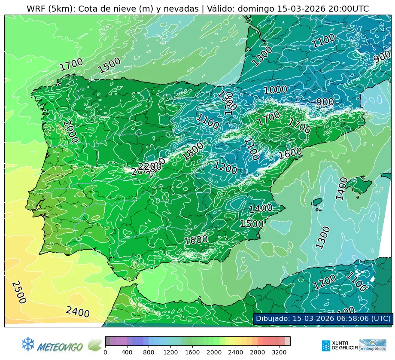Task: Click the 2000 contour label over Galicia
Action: (70, 131)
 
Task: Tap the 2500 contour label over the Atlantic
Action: (18, 292)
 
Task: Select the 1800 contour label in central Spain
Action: (193, 151)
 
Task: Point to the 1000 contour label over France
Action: (275, 90)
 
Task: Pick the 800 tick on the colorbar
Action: (149, 353)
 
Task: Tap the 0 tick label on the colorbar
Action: (105, 353)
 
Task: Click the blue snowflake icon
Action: (28, 344)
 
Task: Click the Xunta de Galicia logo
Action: (339, 345)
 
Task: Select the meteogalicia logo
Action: (372, 345)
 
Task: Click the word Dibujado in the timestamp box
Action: (273, 318)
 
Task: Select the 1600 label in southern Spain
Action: (196, 240)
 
